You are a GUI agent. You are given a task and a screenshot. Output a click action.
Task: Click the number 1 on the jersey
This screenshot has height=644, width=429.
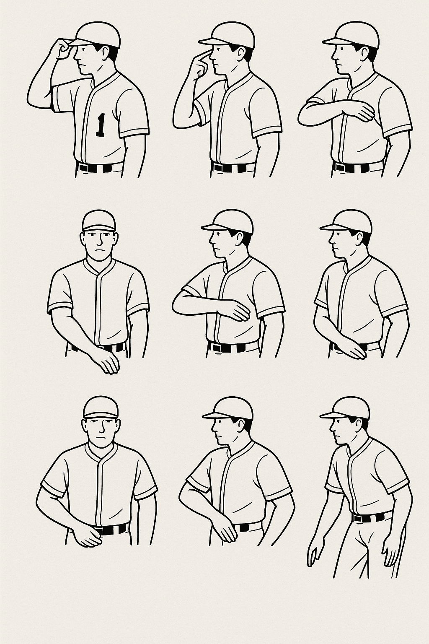point(100,125)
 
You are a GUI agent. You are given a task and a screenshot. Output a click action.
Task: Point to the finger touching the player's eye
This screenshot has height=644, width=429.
point(204,53)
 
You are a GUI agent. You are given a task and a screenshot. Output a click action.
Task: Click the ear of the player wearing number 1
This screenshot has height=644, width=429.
point(106,53)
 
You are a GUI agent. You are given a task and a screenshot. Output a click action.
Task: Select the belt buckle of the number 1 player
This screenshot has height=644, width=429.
point(83,167)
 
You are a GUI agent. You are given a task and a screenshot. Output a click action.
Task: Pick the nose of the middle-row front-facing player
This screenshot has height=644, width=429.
point(99,242)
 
